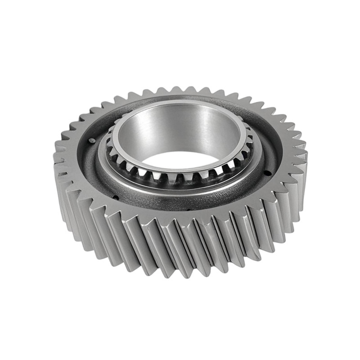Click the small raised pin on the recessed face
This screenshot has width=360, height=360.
pyautogui.click(x=92, y=140)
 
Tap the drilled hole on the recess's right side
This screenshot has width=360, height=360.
pyautogui.click(x=269, y=173)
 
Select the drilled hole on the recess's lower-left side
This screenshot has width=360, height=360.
pyautogui.click(x=116, y=197)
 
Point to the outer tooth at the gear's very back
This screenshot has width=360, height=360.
pyautogui.click(x=180, y=90)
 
